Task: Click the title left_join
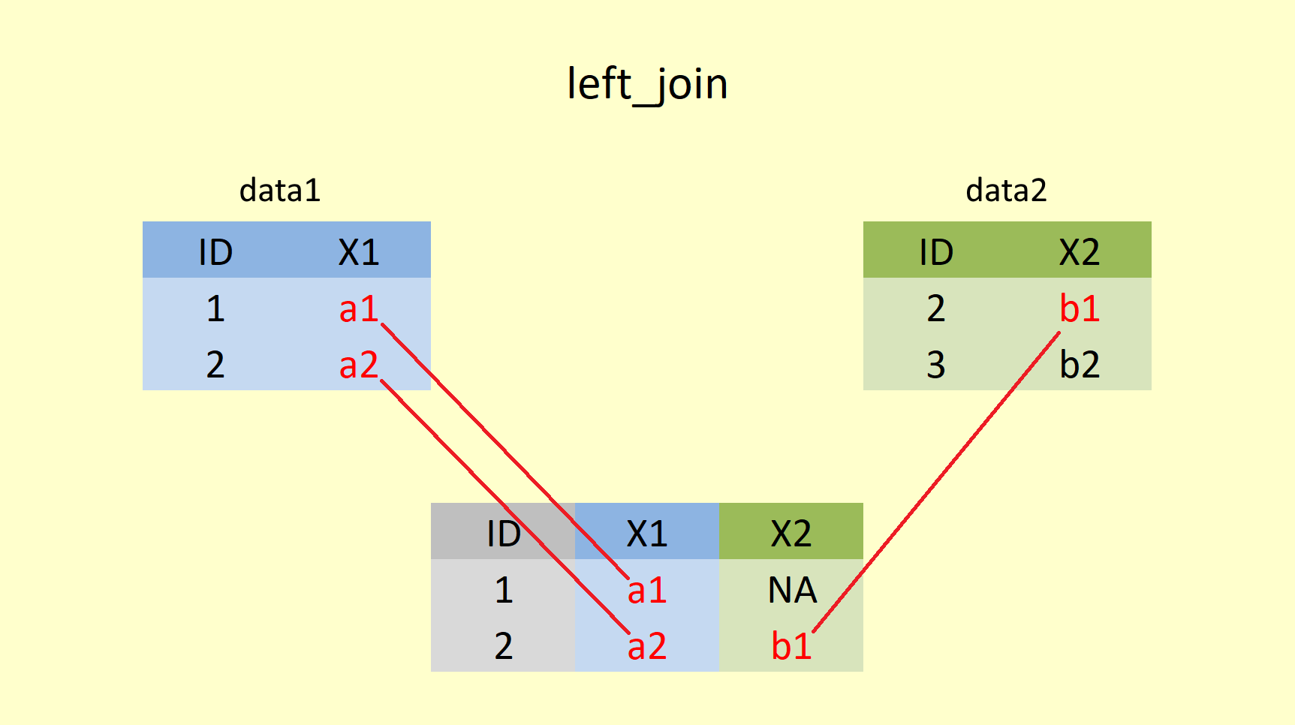[647, 83]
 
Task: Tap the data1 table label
[279, 191]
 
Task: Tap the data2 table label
[1006, 191]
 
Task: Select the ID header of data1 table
[215, 252]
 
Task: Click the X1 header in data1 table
[359, 252]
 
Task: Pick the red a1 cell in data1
[358, 308]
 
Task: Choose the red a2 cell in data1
[358, 365]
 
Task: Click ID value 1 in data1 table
[215, 308]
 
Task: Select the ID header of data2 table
[936, 252]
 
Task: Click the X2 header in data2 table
[1080, 252]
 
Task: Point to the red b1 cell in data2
[1080, 308]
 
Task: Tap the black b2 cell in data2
[1080, 365]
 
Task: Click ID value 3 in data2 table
[936, 365]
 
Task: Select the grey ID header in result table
[503, 534]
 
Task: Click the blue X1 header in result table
[646, 534]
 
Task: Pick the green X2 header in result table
[791, 534]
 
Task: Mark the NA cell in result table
[792, 590]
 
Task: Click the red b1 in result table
[791, 646]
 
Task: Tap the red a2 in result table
[646, 646]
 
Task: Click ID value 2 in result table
[503, 646]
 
